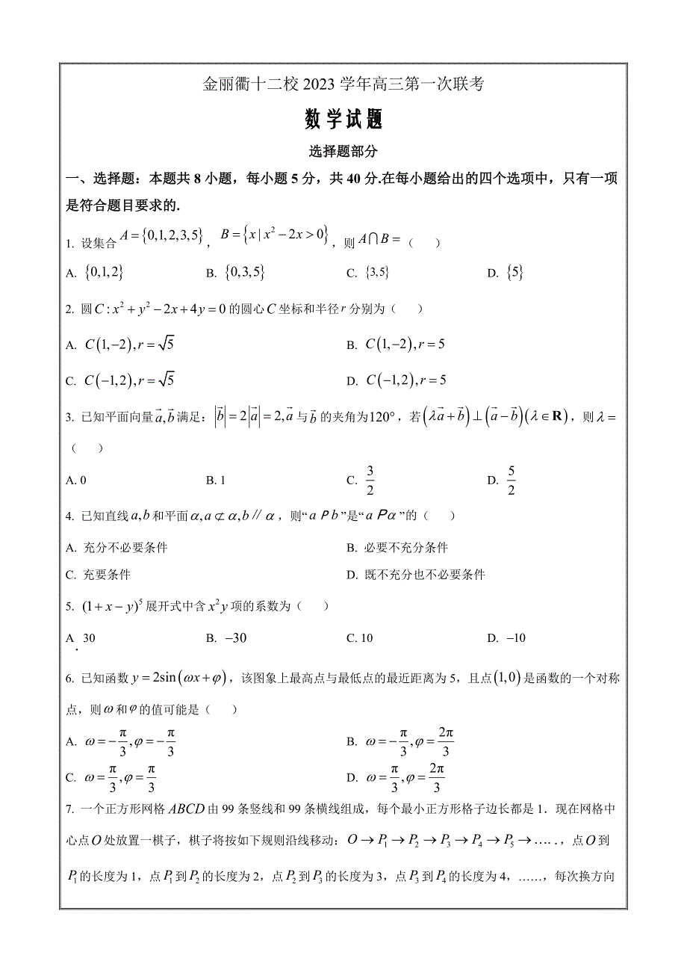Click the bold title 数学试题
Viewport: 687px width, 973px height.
(343, 119)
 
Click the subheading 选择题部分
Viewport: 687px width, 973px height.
(343, 151)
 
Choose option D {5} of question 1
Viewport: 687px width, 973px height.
(514, 273)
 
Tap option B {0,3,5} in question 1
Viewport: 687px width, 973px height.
(244, 273)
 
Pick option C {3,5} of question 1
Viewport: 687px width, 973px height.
(377, 274)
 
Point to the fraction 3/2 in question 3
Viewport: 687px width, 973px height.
(370, 480)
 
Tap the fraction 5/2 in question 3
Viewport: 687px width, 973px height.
(512, 480)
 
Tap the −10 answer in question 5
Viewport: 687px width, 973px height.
(516, 638)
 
